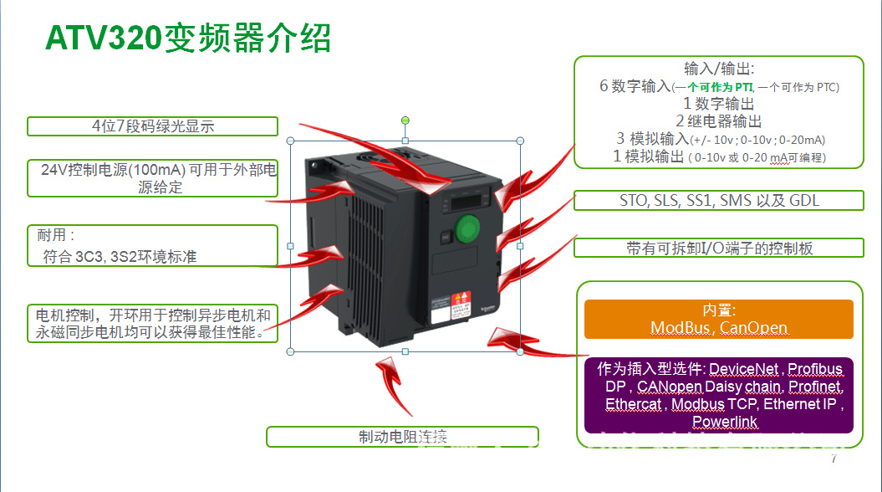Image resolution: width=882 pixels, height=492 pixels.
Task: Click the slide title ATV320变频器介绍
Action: [188, 38]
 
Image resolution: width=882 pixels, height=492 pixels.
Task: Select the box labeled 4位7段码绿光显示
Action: [152, 126]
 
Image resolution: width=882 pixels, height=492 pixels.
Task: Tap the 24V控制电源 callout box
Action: [152, 178]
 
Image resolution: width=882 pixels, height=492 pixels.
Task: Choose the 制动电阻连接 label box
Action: [402, 437]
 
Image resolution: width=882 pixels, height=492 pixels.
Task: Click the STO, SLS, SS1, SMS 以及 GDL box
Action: [718, 201]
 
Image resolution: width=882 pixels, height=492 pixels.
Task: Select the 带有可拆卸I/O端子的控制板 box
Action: [718, 248]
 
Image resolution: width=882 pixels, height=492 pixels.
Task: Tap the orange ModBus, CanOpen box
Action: [718, 319]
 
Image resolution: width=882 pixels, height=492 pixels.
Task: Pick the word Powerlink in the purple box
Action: [725, 422]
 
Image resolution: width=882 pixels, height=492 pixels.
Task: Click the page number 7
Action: [833, 459]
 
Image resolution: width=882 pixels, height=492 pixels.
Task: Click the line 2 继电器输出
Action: [718, 121]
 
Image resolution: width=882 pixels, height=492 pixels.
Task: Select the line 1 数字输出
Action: [718, 104]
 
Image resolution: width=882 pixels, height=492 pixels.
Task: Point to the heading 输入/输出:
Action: [718, 69]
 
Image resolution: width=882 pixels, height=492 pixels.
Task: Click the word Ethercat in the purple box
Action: [633, 404]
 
